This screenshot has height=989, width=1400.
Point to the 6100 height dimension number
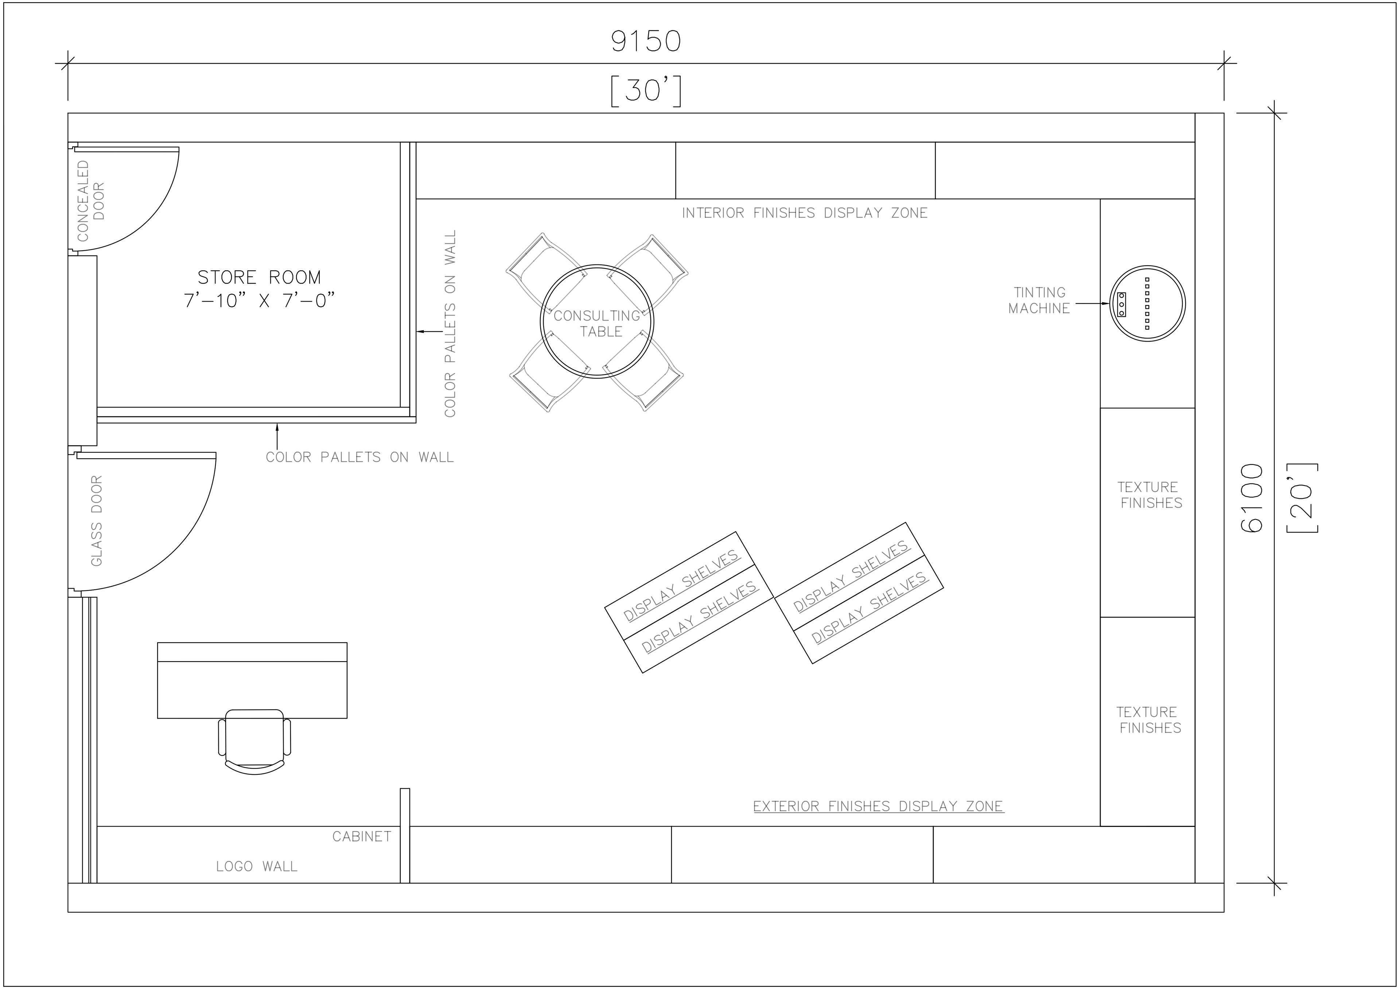point(1252,498)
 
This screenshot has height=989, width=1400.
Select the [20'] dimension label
point(1302,498)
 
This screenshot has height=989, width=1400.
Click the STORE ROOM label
point(259,277)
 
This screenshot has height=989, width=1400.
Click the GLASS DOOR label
point(96,521)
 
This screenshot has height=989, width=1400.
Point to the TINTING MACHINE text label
point(1039,301)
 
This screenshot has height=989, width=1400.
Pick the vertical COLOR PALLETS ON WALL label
point(450,323)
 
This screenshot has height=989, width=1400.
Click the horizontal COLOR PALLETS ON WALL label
point(360,457)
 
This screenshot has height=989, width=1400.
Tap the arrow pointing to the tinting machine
point(1092,303)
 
